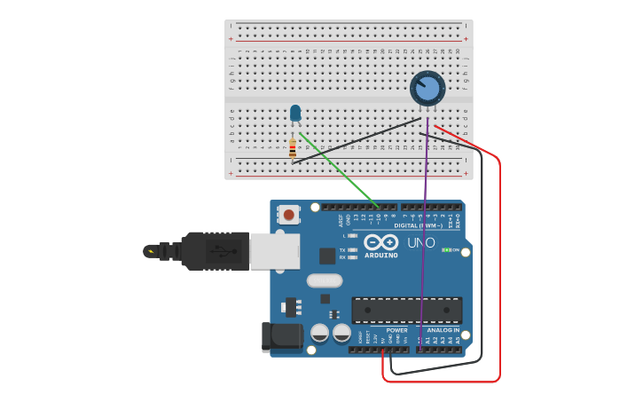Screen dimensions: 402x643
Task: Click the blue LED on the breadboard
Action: coord(295,113)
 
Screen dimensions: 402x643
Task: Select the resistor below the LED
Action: coord(293,148)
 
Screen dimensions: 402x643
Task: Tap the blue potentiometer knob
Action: coord(427,89)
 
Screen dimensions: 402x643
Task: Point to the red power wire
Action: coord(499,266)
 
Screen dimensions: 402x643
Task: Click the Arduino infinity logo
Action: coord(380,242)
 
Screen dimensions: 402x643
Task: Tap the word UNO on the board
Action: coord(420,243)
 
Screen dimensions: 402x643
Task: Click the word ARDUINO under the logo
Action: coord(380,256)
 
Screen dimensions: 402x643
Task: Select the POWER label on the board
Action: coord(396,330)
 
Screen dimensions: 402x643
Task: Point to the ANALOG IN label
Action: coord(444,330)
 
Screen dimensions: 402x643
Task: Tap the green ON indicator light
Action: coord(447,250)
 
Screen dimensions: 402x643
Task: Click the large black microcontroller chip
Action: coord(407,310)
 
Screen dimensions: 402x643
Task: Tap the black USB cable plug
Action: coord(214,251)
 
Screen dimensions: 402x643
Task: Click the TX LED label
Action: coord(342,250)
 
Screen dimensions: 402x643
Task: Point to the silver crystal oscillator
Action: coord(324,280)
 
